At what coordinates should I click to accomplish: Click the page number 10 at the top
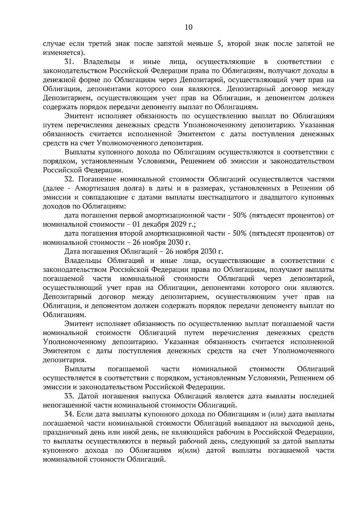pos(188,27)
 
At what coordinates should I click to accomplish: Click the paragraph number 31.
pos(69,62)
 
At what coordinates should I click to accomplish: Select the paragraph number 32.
pos(69,179)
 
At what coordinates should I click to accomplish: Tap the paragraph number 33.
pos(69,396)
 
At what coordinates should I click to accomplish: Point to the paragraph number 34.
pos(69,414)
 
